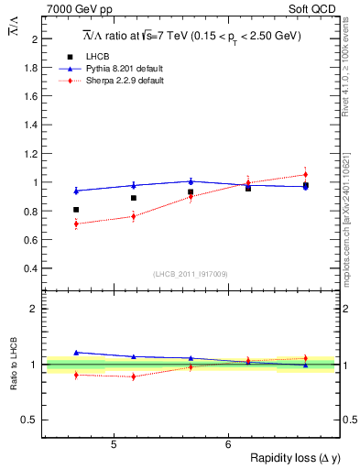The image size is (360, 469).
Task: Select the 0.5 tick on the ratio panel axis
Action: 32,420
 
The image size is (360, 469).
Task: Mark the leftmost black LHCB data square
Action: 76,210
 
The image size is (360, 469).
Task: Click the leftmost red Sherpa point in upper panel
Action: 76,224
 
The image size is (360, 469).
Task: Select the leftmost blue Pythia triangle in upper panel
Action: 76,191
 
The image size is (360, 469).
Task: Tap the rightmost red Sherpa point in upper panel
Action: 305,174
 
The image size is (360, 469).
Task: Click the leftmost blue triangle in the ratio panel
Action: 76,352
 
